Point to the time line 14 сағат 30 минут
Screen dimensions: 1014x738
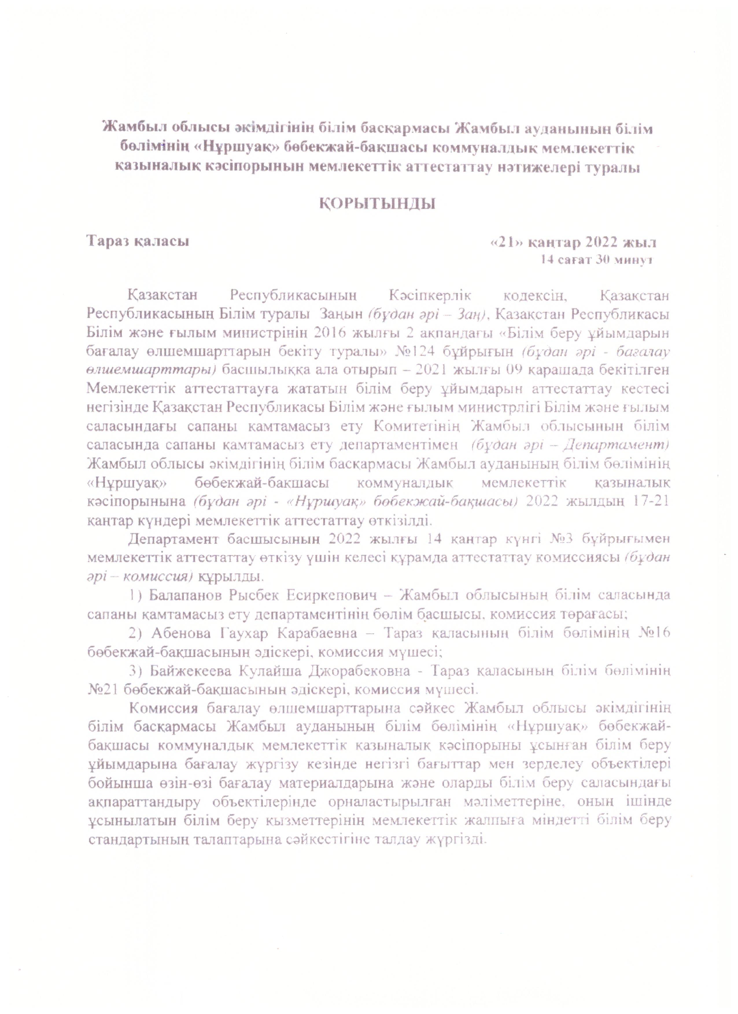pyautogui.click(x=595, y=260)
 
